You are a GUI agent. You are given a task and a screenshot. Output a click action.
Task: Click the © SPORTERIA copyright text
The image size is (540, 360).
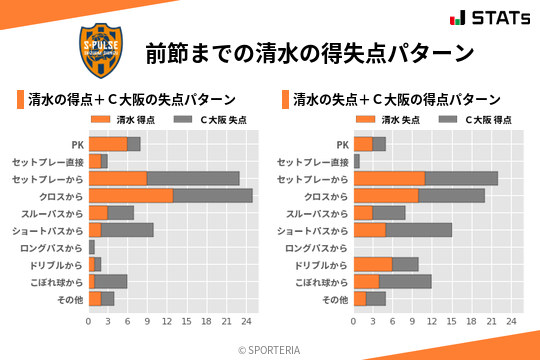pos(270,349)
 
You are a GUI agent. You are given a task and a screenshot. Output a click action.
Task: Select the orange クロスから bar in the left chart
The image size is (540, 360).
pos(131,195)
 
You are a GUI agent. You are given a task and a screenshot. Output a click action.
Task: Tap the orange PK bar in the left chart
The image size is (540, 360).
pos(108,144)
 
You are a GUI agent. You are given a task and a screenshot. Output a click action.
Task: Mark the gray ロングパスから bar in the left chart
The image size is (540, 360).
pos(91,246)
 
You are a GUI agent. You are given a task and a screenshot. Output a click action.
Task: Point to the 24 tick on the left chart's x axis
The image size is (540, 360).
pos(245,322)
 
